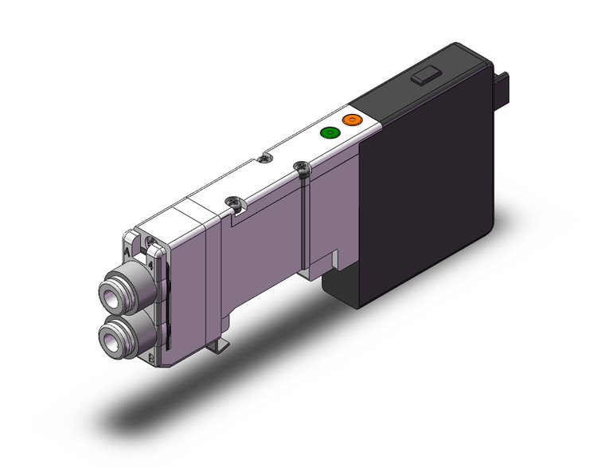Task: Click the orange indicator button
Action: [351, 120]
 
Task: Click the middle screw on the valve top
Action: [232, 203]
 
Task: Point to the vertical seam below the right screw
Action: [306, 223]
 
